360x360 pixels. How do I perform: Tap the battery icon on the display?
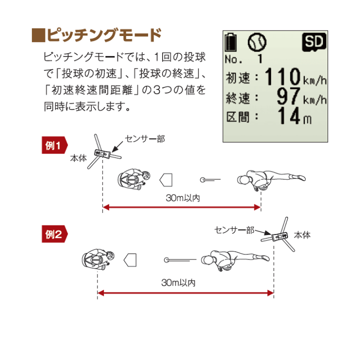click(230, 42)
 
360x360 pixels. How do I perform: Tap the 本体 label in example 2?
click(302, 234)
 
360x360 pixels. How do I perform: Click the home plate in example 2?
click(130, 259)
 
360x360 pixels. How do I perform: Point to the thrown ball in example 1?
click(202, 179)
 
